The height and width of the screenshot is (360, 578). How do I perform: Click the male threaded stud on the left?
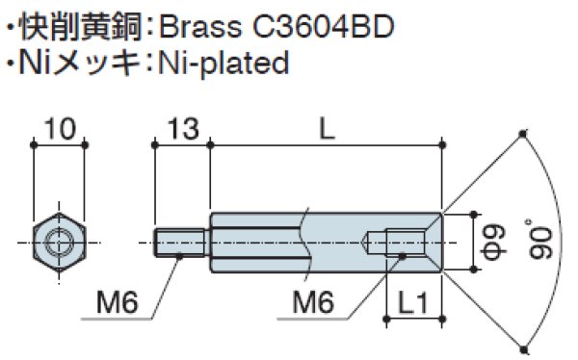[x=178, y=238]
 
